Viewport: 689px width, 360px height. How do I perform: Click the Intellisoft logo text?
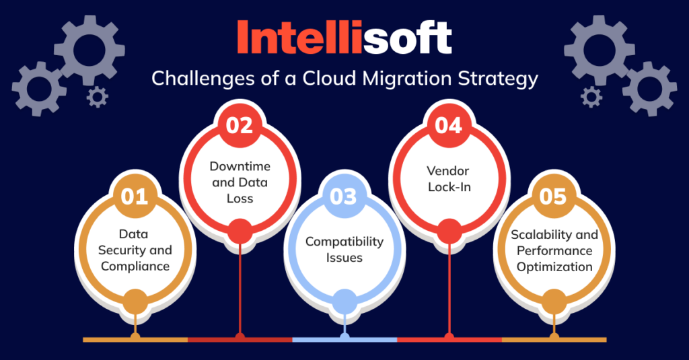[x=344, y=38]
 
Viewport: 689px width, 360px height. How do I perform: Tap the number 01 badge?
[x=135, y=196]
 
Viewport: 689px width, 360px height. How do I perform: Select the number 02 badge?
[x=240, y=126]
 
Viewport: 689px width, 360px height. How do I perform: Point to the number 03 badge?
[x=344, y=197]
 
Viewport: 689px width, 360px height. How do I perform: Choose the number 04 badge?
[x=449, y=126]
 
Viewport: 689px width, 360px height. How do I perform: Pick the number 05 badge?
[x=554, y=196]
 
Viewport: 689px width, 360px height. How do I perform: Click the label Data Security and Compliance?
[x=135, y=250]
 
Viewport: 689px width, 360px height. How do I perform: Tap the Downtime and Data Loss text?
[x=240, y=182]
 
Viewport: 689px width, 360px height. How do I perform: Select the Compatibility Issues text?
[x=344, y=249]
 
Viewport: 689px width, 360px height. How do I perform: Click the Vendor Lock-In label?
[x=449, y=179]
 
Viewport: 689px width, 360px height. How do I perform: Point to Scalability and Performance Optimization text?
[x=554, y=250]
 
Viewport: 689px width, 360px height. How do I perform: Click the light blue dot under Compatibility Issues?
[x=344, y=301]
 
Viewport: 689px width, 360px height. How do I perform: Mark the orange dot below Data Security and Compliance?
[x=135, y=301]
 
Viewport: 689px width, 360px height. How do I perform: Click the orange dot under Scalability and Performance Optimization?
[x=554, y=301]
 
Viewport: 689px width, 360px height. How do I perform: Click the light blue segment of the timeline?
[x=344, y=340]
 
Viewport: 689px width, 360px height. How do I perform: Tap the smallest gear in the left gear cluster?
[x=98, y=98]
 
